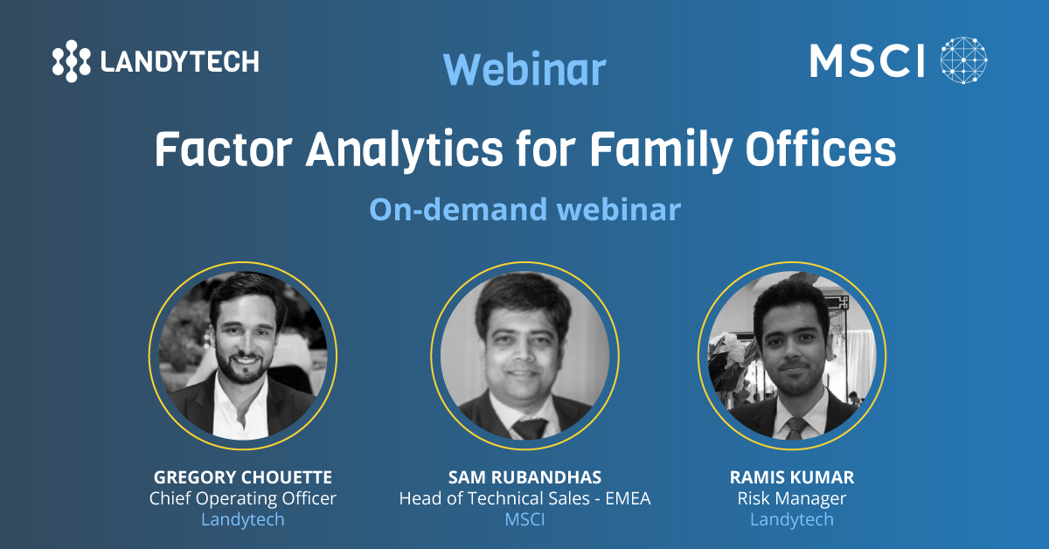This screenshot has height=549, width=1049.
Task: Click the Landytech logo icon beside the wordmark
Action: click(x=71, y=60)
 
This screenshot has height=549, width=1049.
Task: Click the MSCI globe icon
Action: click(x=963, y=61)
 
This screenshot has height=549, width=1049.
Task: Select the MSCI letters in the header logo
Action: click(x=867, y=61)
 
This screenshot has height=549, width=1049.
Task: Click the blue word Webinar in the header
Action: click(x=524, y=70)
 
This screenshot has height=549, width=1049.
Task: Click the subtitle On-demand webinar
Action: click(x=524, y=210)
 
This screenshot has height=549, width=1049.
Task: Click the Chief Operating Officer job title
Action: click(x=243, y=498)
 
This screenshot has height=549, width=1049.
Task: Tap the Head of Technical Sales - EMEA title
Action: click(x=524, y=498)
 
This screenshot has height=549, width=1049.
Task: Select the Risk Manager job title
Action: click(x=792, y=498)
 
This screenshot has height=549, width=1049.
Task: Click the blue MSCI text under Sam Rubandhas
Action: click(x=524, y=519)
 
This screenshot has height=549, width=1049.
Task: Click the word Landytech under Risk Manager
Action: click(x=792, y=519)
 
